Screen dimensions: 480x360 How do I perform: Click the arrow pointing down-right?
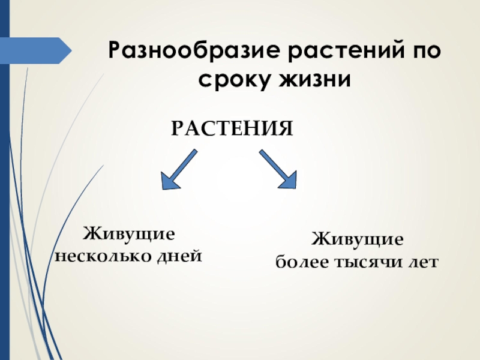[x=278, y=169]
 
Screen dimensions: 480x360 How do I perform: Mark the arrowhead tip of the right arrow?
[x=296, y=188]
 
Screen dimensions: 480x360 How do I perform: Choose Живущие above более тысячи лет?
[x=357, y=240]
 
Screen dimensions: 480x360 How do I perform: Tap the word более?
[x=299, y=263]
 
